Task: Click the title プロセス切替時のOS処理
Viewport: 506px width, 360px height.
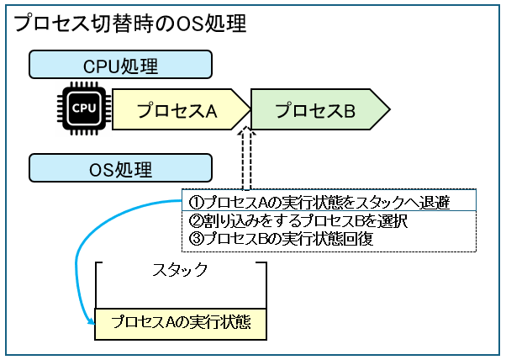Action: click(130, 23)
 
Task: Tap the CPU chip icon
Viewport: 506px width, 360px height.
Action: click(83, 109)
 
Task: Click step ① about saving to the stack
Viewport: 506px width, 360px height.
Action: click(329, 202)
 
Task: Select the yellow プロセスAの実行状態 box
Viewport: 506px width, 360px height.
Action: click(180, 323)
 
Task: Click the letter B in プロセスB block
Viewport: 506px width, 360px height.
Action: click(350, 110)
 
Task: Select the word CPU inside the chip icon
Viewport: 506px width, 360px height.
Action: click(83, 109)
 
